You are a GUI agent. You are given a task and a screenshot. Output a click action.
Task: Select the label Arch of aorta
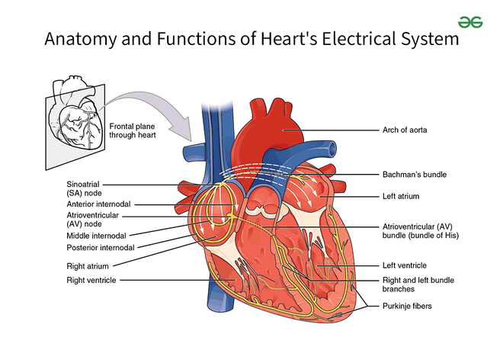405,130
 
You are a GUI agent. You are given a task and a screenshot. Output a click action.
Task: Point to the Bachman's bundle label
414,175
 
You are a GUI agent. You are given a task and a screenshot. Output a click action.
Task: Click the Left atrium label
401,197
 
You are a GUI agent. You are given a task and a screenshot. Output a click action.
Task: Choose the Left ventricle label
405,265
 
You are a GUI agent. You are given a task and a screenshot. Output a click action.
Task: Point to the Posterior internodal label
100,248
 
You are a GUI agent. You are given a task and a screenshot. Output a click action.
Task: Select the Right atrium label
87,266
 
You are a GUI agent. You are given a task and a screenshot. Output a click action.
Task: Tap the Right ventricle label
91,281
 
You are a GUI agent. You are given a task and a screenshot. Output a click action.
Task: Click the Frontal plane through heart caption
135,130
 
